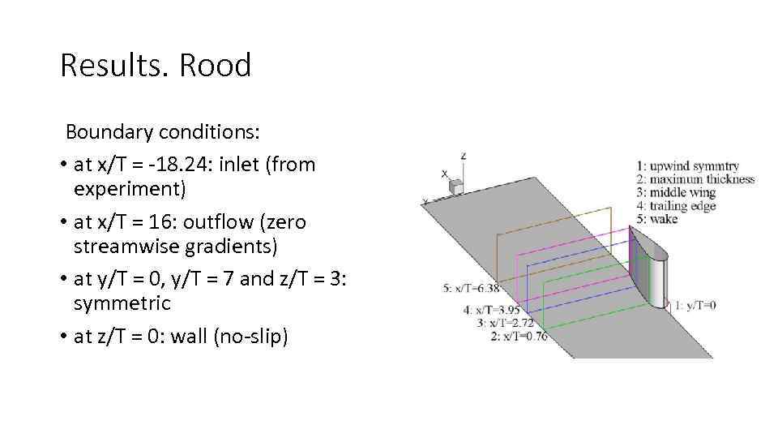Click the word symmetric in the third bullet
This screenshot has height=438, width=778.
click(122, 303)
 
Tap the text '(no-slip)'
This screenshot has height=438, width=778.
click(249, 336)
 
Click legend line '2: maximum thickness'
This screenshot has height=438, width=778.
click(695, 179)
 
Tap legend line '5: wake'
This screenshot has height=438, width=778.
click(658, 218)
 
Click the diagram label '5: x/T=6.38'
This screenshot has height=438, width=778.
click(470, 288)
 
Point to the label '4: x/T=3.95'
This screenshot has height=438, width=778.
click(492, 309)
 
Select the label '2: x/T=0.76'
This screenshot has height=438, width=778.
click(519, 336)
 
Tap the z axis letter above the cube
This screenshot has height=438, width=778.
click(463, 155)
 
